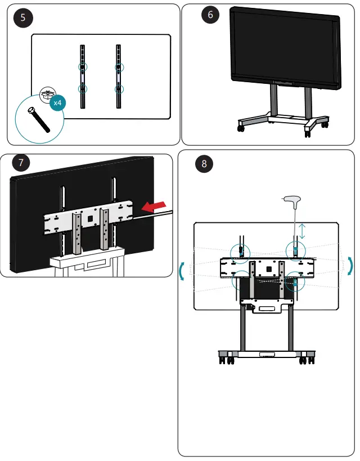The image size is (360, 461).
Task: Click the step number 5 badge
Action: coord(22,17)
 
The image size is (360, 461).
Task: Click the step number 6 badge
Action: coord(210,15)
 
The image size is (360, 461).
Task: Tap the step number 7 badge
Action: coord(21,163)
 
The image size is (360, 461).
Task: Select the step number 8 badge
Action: coord(204,164)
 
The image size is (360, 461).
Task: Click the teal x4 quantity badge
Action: coord(57,103)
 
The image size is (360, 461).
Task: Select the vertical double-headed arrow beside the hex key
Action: coord(302,231)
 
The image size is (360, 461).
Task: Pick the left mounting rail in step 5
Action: coord(83,76)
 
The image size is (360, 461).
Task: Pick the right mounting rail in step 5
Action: coord(119,76)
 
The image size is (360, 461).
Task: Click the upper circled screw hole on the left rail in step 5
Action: coord(83,67)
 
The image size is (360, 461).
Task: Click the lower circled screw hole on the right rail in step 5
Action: coord(119,89)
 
